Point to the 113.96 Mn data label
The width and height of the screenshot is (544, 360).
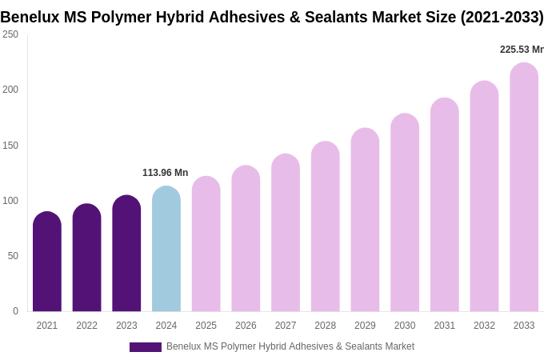(165, 173)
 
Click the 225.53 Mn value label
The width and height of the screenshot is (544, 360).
(521, 50)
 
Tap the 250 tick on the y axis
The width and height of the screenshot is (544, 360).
(10, 34)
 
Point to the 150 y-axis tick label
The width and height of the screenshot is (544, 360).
(10, 146)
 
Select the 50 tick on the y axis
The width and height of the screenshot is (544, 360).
(13, 256)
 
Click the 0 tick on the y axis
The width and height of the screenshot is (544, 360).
(15, 311)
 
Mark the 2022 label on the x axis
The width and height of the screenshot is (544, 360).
(86, 326)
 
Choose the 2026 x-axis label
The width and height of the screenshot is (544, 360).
(246, 326)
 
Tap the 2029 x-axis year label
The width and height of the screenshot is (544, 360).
(365, 326)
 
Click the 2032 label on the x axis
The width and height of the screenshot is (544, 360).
(484, 326)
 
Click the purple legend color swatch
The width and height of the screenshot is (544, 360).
(146, 347)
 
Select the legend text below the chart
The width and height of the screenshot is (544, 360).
(290, 346)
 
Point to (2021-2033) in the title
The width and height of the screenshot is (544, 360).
(502, 17)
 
